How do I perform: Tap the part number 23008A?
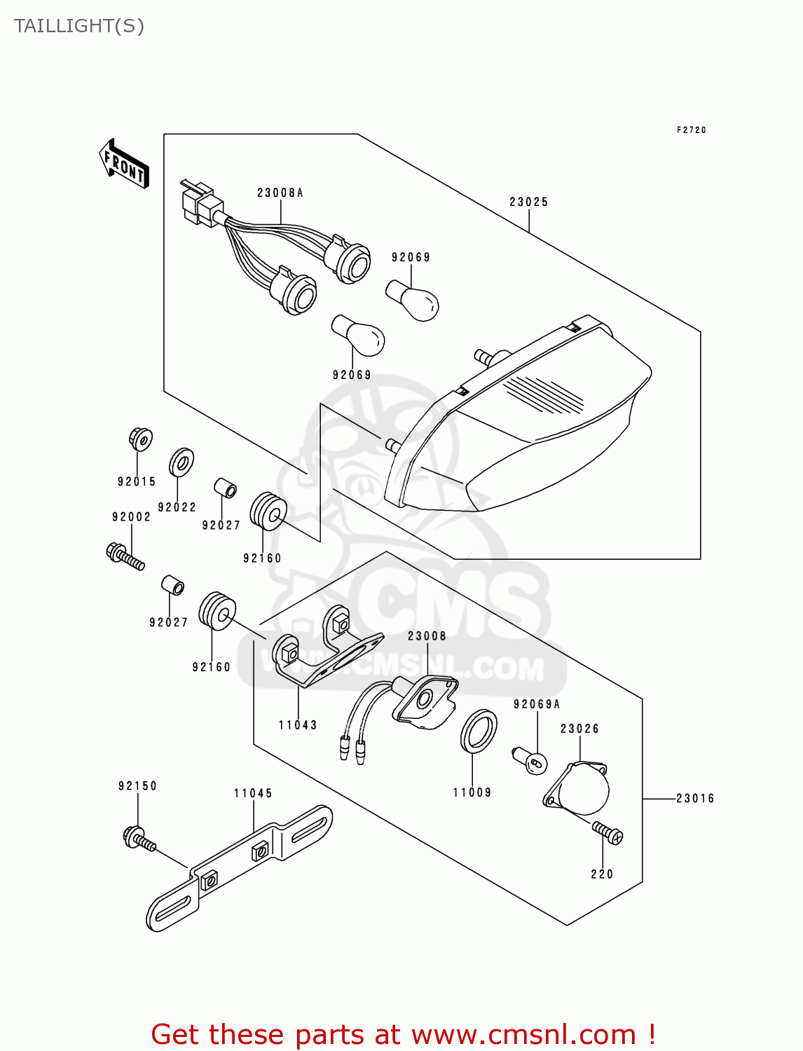[280, 193]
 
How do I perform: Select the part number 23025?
[528, 202]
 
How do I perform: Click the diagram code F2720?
[691, 130]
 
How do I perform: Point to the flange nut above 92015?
[141, 439]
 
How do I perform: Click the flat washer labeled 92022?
[181, 462]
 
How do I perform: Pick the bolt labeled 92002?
[125, 556]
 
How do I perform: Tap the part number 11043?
[298, 725]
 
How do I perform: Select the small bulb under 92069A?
[530, 761]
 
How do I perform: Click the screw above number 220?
[607, 832]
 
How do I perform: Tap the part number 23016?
[694, 798]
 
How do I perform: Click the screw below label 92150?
[139, 839]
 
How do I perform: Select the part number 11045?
[253, 793]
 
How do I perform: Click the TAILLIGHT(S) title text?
[79, 26]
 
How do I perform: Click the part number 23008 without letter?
[427, 636]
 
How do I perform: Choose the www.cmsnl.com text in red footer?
[523, 1035]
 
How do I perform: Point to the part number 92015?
[137, 481]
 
